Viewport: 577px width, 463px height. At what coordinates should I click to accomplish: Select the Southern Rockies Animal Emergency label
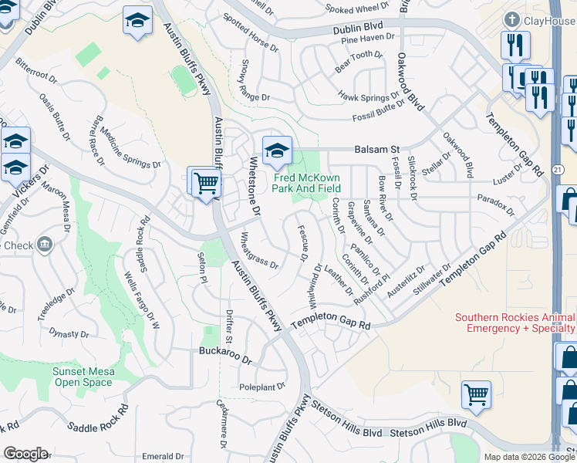point(515,323)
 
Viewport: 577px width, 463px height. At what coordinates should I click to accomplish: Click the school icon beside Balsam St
point(275,150)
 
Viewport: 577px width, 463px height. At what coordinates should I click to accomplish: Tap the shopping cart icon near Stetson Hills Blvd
point(476,394)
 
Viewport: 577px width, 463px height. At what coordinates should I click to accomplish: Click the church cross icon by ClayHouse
point(511,19)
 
